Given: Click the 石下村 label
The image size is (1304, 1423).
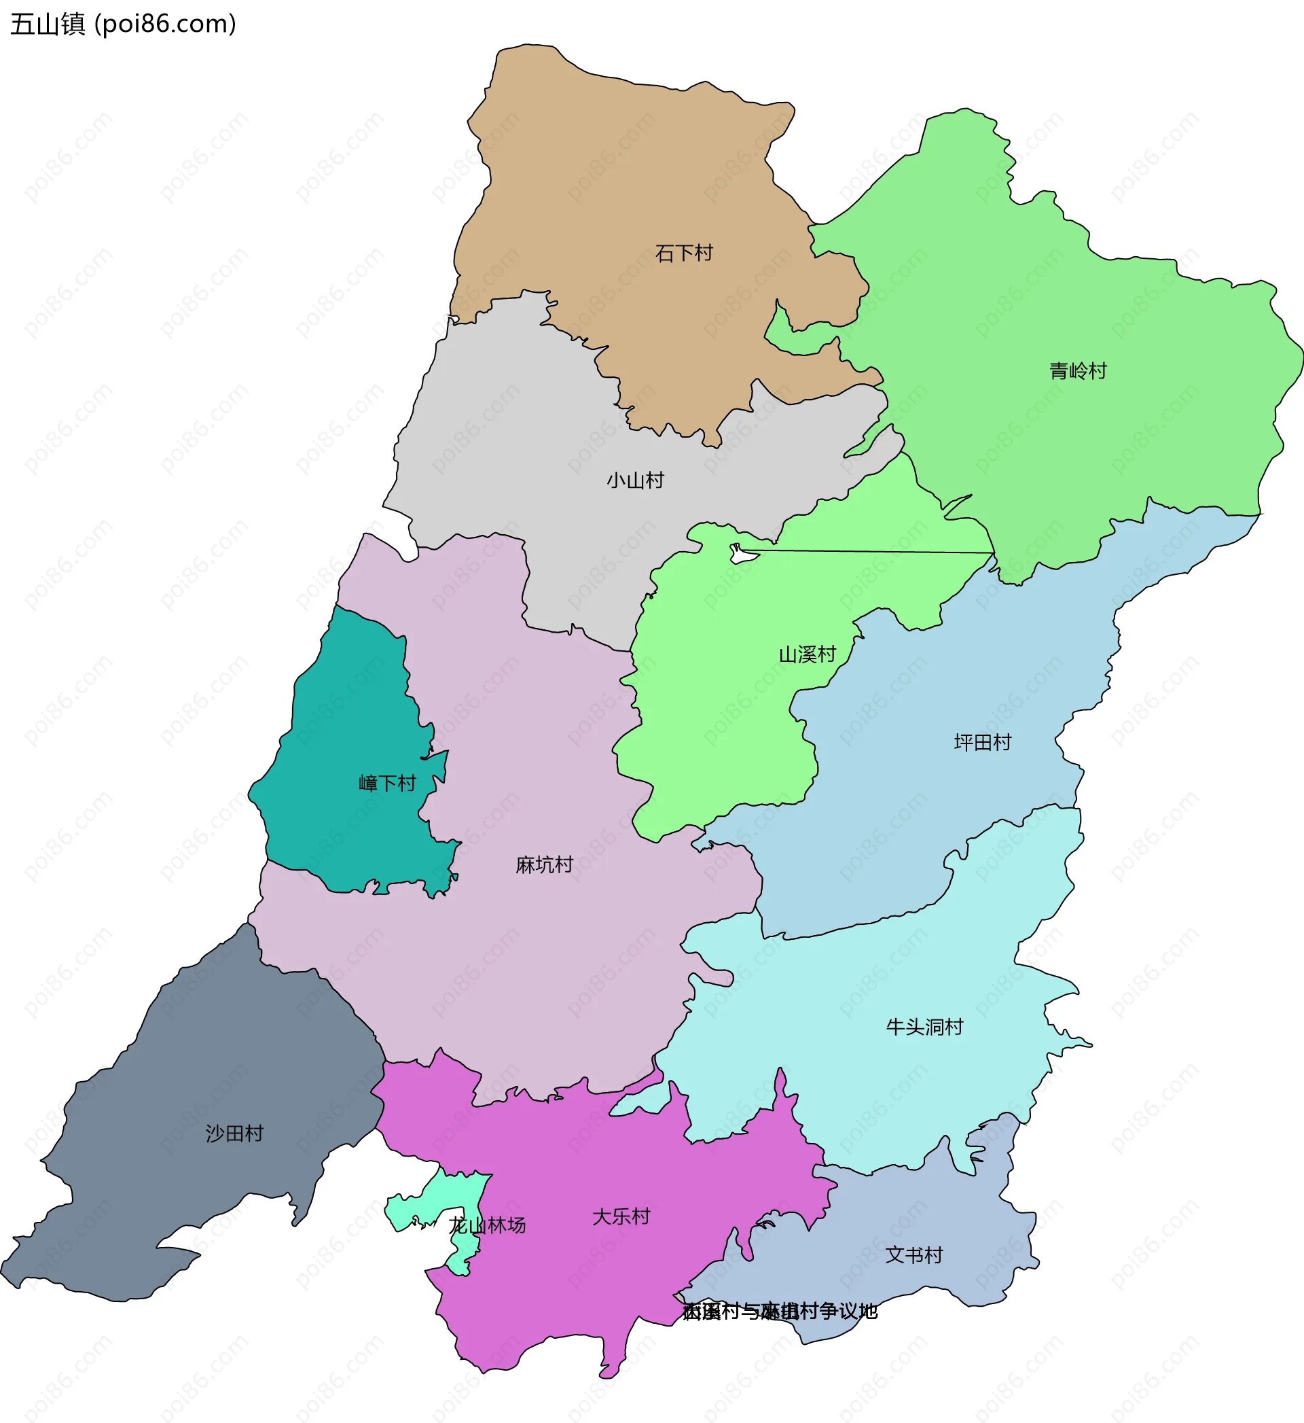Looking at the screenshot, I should [x=684, y=253].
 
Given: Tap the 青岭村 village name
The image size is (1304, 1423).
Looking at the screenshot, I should [x=1077, y=371].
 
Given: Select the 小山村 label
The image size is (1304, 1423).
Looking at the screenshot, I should [x=635, y=480].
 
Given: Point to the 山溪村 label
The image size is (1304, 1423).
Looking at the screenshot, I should [x=808, y=655].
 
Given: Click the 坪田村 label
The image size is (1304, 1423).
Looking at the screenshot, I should [x=982, y=743].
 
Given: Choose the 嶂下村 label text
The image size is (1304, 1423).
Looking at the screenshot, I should [x=387, y=784].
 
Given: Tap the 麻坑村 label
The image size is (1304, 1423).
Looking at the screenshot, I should [x=544, y=865].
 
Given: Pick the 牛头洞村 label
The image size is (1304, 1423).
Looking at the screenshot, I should [x=924, y=1027].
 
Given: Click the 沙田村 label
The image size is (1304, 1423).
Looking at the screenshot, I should [x=234, y=1134].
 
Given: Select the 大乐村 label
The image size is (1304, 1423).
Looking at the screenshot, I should [x=621, y=1217].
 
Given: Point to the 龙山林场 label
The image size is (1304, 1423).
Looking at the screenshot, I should [x=488, y=1225].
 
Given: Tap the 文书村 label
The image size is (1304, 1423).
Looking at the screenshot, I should [x=913, y=1255].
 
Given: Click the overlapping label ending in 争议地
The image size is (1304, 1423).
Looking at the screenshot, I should [x=780, y=1312].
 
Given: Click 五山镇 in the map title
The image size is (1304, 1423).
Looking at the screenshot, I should [x=48, y=24].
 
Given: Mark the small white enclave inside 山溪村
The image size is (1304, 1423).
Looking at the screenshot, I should [x=743, y=554].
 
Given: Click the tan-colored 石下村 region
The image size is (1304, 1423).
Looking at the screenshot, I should [x=635, y=177].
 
